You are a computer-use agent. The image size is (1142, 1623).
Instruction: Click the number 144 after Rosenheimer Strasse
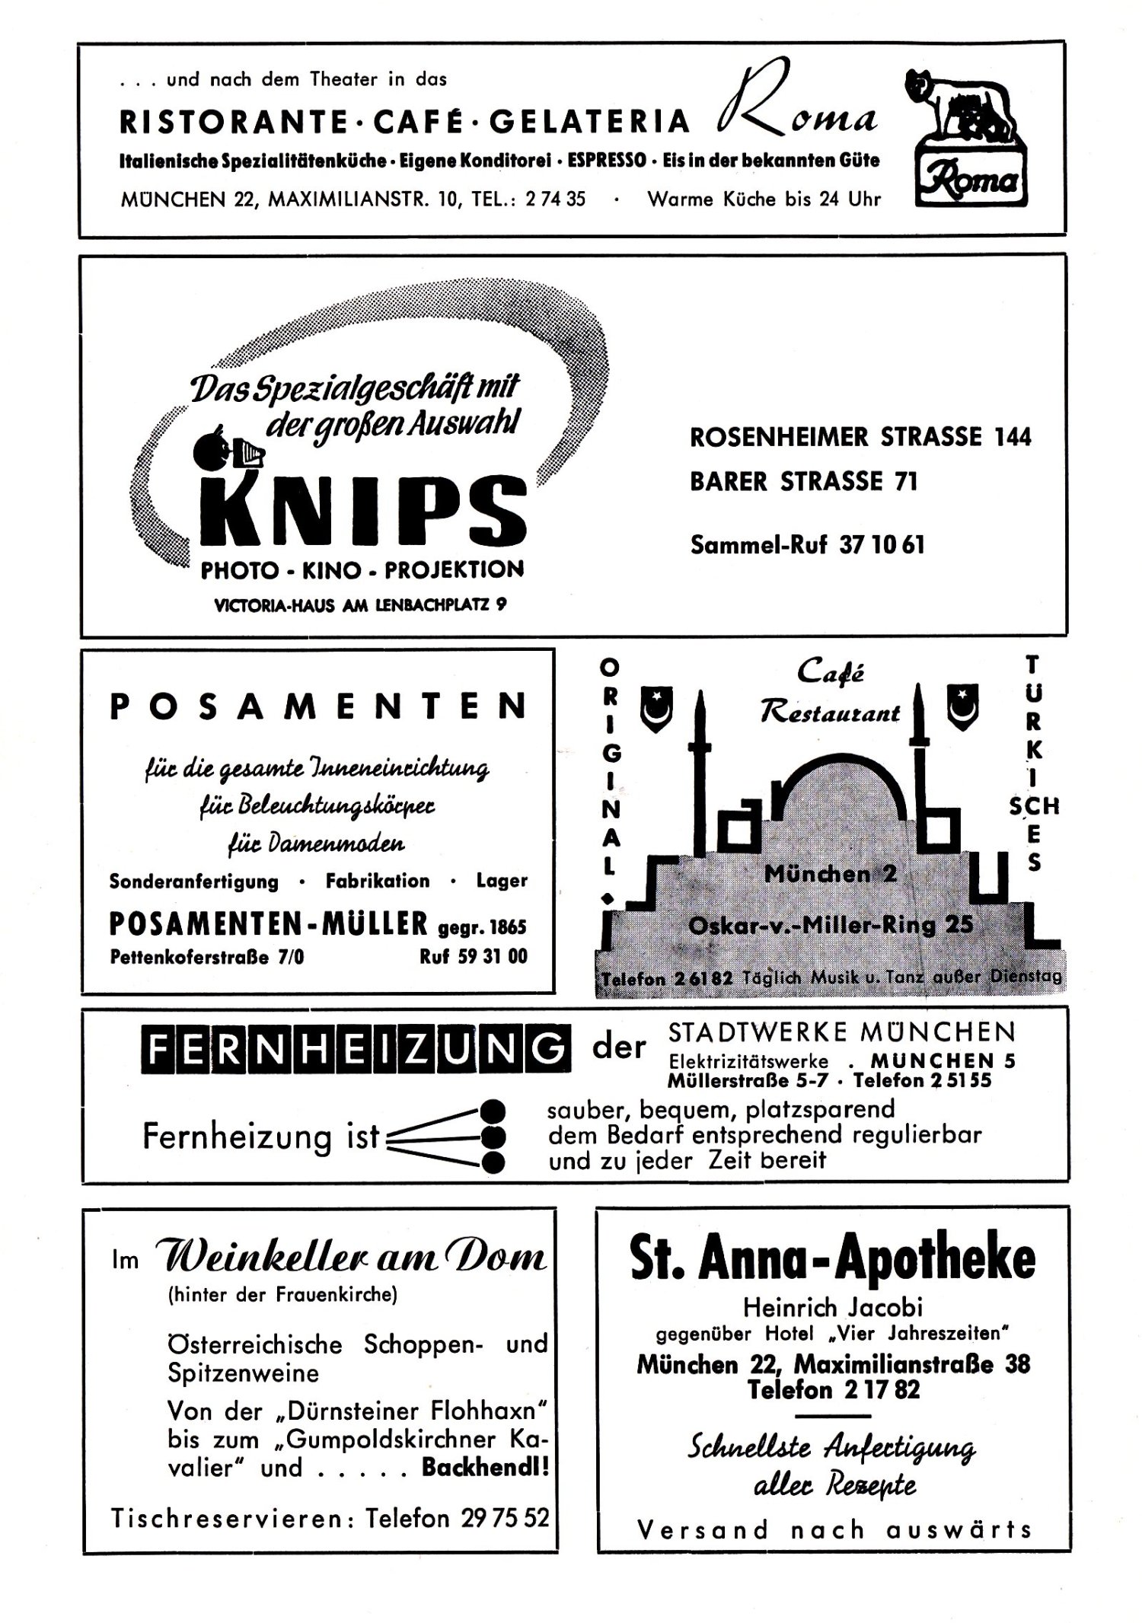click(1012, 437)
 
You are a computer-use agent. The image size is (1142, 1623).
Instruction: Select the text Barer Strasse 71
click(803, 482)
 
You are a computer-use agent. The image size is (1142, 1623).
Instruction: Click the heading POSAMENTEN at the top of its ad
click(318, 707)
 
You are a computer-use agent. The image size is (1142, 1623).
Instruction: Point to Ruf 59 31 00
click(473, 956)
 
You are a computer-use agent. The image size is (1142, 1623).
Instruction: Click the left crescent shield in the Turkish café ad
click(657, 706)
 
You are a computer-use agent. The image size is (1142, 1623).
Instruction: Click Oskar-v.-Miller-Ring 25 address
click(830, 925)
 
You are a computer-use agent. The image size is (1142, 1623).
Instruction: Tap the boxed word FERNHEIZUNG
click(354, 1048)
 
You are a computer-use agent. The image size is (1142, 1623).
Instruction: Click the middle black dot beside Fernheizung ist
click(493, 1136)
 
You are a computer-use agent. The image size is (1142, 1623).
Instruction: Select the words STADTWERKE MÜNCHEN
click(841, 1032)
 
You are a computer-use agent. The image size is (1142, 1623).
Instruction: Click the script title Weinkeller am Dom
click(351, 1258)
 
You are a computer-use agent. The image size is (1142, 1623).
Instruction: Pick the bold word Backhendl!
click(485, 1468)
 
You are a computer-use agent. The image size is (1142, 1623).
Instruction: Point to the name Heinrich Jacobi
click(833, 1307)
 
